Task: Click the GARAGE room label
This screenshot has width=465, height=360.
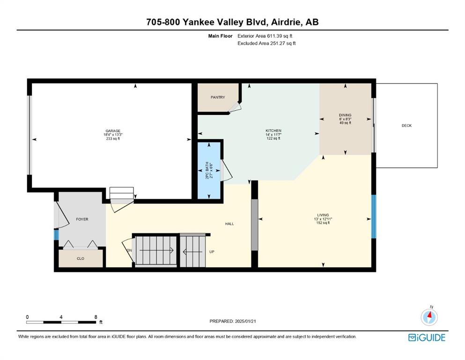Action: pos(113,131)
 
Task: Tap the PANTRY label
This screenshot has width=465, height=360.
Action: pos(218,97)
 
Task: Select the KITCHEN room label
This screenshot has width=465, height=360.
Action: pos(273,131)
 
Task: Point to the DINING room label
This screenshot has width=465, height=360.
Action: pos(345,115)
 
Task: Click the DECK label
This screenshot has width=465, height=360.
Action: pos(406,126)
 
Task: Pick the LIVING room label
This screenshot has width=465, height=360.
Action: pos(323,215)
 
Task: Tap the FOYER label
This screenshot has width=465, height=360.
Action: pos(82,219)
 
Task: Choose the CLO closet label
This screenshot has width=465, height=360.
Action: pos(81,258)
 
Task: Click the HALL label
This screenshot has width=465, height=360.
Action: pos(229,224)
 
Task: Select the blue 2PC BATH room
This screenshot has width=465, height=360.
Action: pos(209,171)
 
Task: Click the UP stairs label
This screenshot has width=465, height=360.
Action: pos(212,252)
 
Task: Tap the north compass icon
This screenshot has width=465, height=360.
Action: pos(429,317)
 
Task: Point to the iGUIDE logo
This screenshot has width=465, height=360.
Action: pos(427,338)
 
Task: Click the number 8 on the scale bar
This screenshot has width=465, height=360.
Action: pos(96,317)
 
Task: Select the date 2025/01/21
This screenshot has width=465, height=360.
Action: pos(245,321)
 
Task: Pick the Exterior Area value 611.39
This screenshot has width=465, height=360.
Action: pos(273,36)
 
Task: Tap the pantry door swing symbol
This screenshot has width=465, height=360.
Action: pos(234,107)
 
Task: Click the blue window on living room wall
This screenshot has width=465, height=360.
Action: pos(374,217)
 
